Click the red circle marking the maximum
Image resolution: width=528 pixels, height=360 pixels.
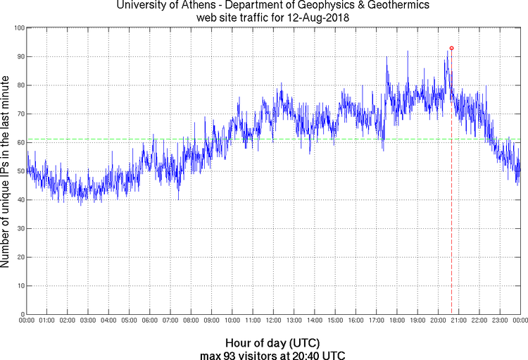(451, 48)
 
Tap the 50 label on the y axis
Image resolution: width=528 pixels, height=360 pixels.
(20, 171)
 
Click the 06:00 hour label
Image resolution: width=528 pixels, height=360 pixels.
(150, 321)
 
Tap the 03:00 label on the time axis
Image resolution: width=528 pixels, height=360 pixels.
(88, 321)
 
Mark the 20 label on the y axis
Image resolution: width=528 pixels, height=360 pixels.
(20, 257)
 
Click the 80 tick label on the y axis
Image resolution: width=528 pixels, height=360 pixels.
(20, 85)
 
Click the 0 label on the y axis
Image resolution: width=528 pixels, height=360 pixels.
(22, 314)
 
